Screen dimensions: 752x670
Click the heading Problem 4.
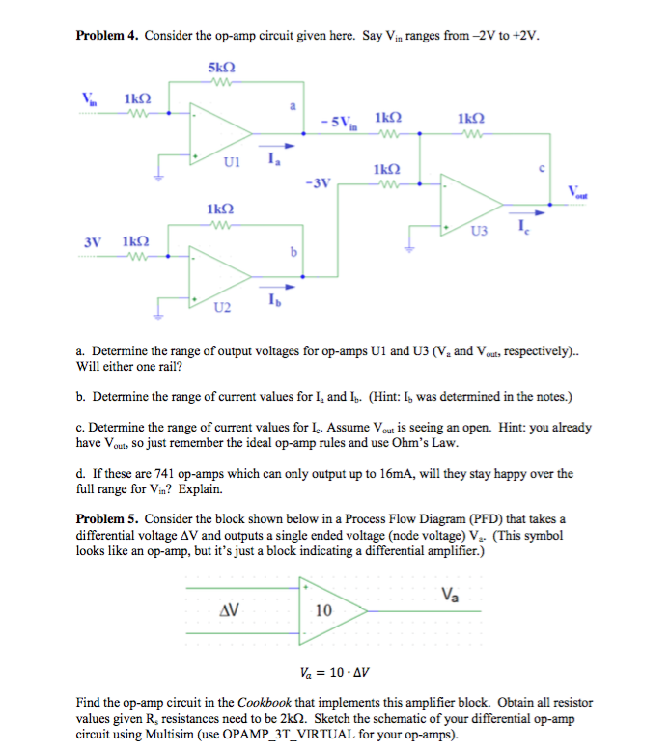click(108, 37)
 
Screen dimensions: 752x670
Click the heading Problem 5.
click(108, 518)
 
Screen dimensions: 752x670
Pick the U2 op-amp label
click(223, 308)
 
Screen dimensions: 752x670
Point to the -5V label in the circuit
click(342, 123)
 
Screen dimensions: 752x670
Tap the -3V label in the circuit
click(315, 181)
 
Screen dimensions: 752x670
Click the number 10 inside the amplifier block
click(324, 610)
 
